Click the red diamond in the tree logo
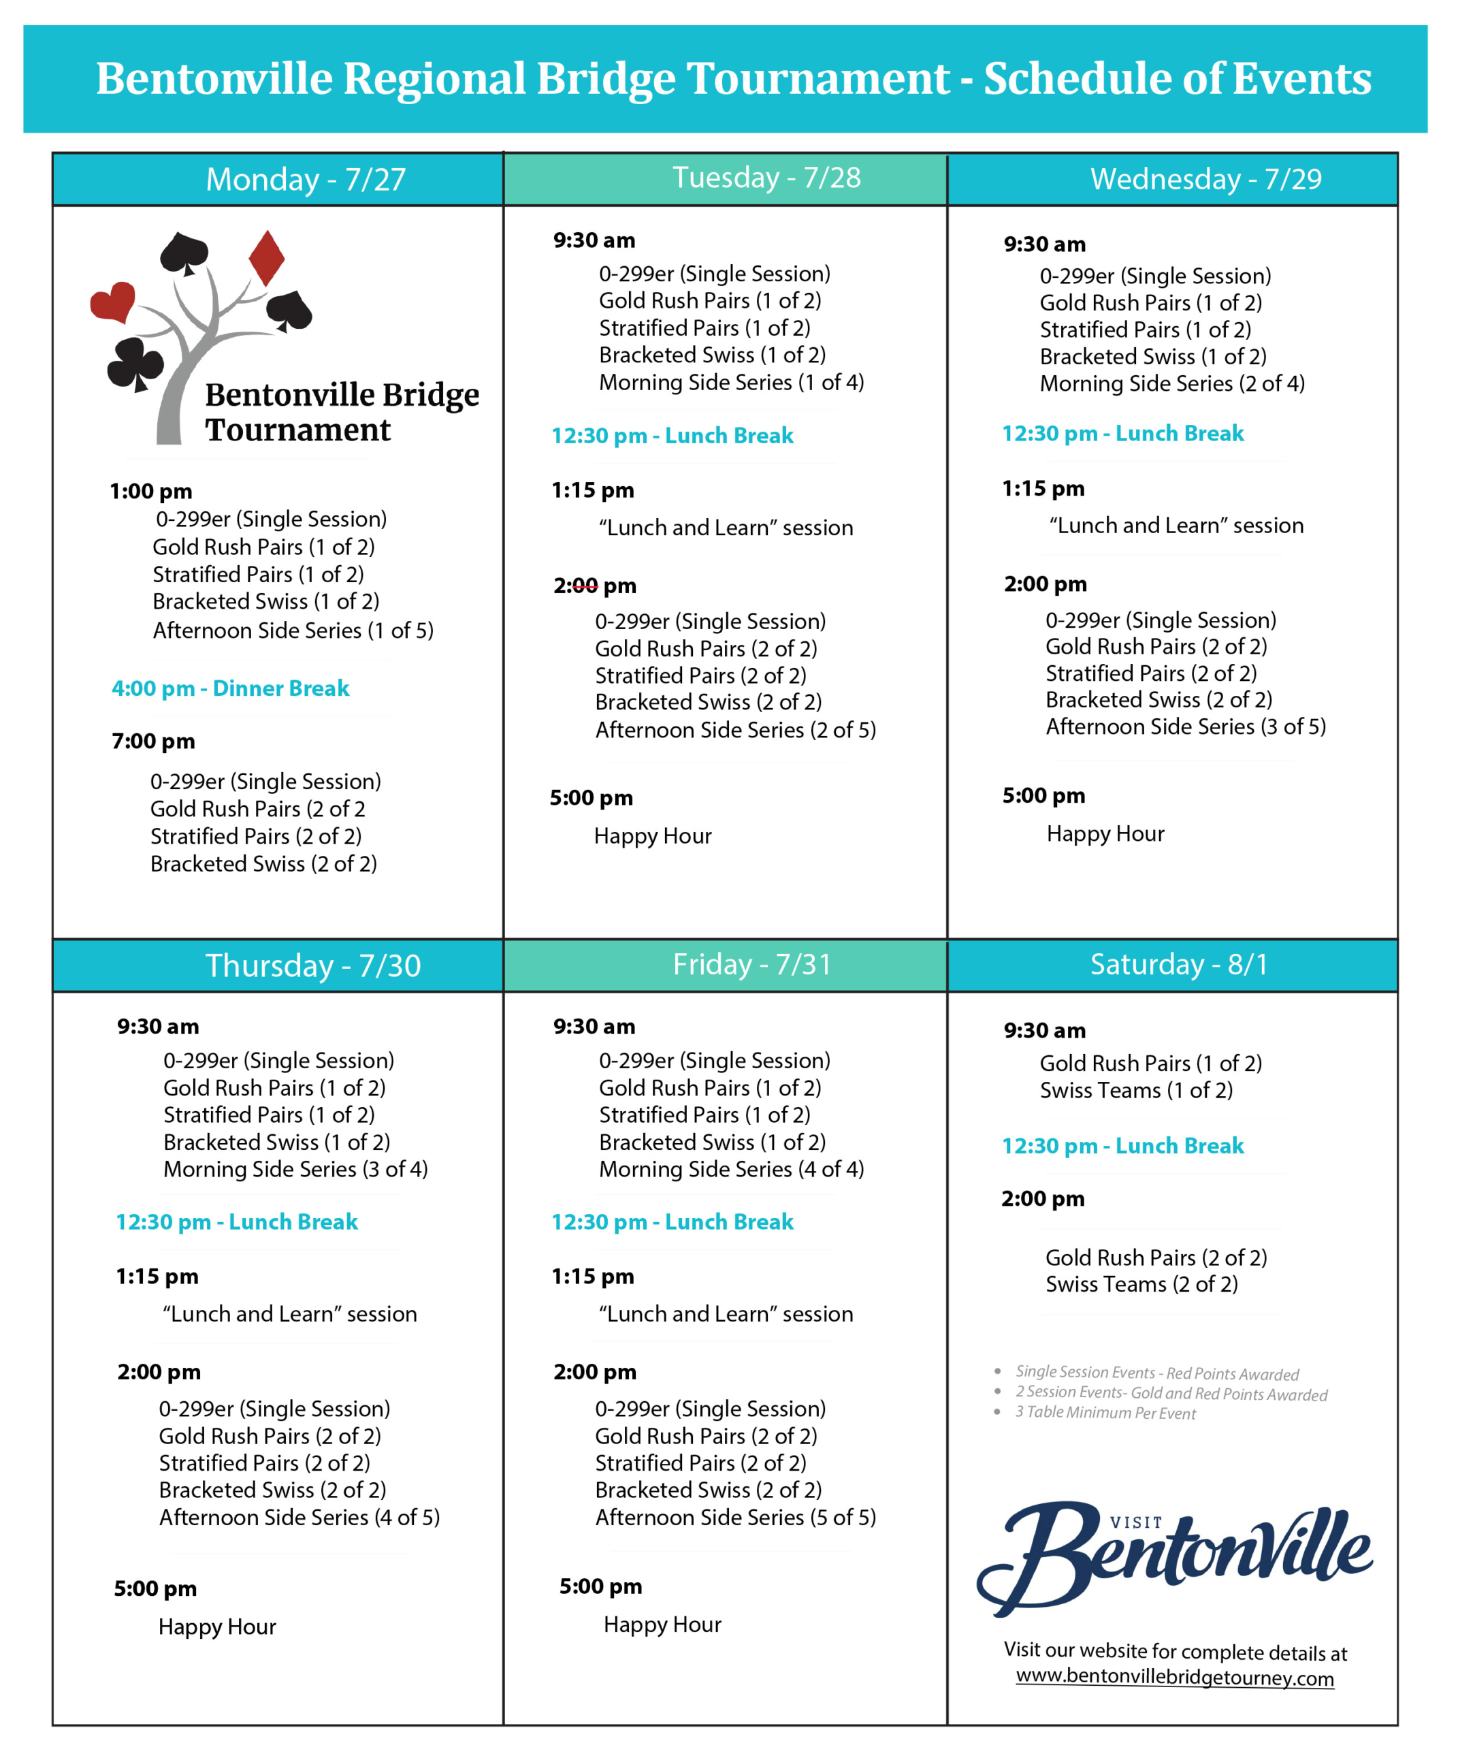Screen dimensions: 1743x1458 (x=266, y=258)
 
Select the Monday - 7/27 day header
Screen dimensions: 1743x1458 (x=306, y=179)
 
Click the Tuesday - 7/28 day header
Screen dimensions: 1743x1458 (x=766, y=178)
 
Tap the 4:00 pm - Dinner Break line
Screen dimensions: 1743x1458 (x=231, y=688)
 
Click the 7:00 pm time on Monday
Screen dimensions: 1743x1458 (x=154, y=741)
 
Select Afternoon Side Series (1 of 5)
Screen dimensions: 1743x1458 (x=293, y=630)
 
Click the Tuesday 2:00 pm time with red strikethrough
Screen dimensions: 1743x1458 (x=594, y=586)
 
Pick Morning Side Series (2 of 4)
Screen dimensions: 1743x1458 (x=1171, y=383)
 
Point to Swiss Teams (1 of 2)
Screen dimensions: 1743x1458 (x=1136, y=1090)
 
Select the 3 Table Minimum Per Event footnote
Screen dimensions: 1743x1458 (x=1105, y=1413)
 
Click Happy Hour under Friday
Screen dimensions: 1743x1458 (x=662, y=1625)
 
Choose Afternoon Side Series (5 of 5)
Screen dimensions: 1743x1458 (x=735, y=1517)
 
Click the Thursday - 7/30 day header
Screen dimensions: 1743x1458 (x=313, y=965)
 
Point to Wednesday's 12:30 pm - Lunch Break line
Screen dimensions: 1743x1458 (x=1122, y=433)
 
